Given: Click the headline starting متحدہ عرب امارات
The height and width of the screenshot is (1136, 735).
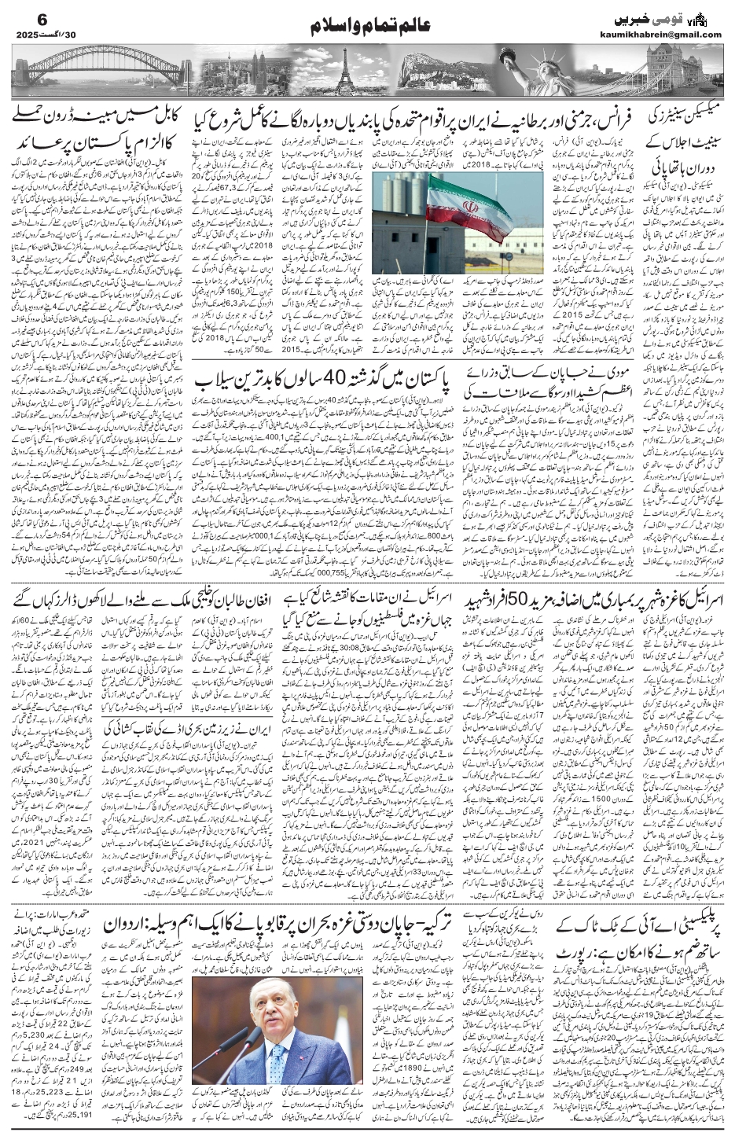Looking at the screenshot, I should click(55, 914).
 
